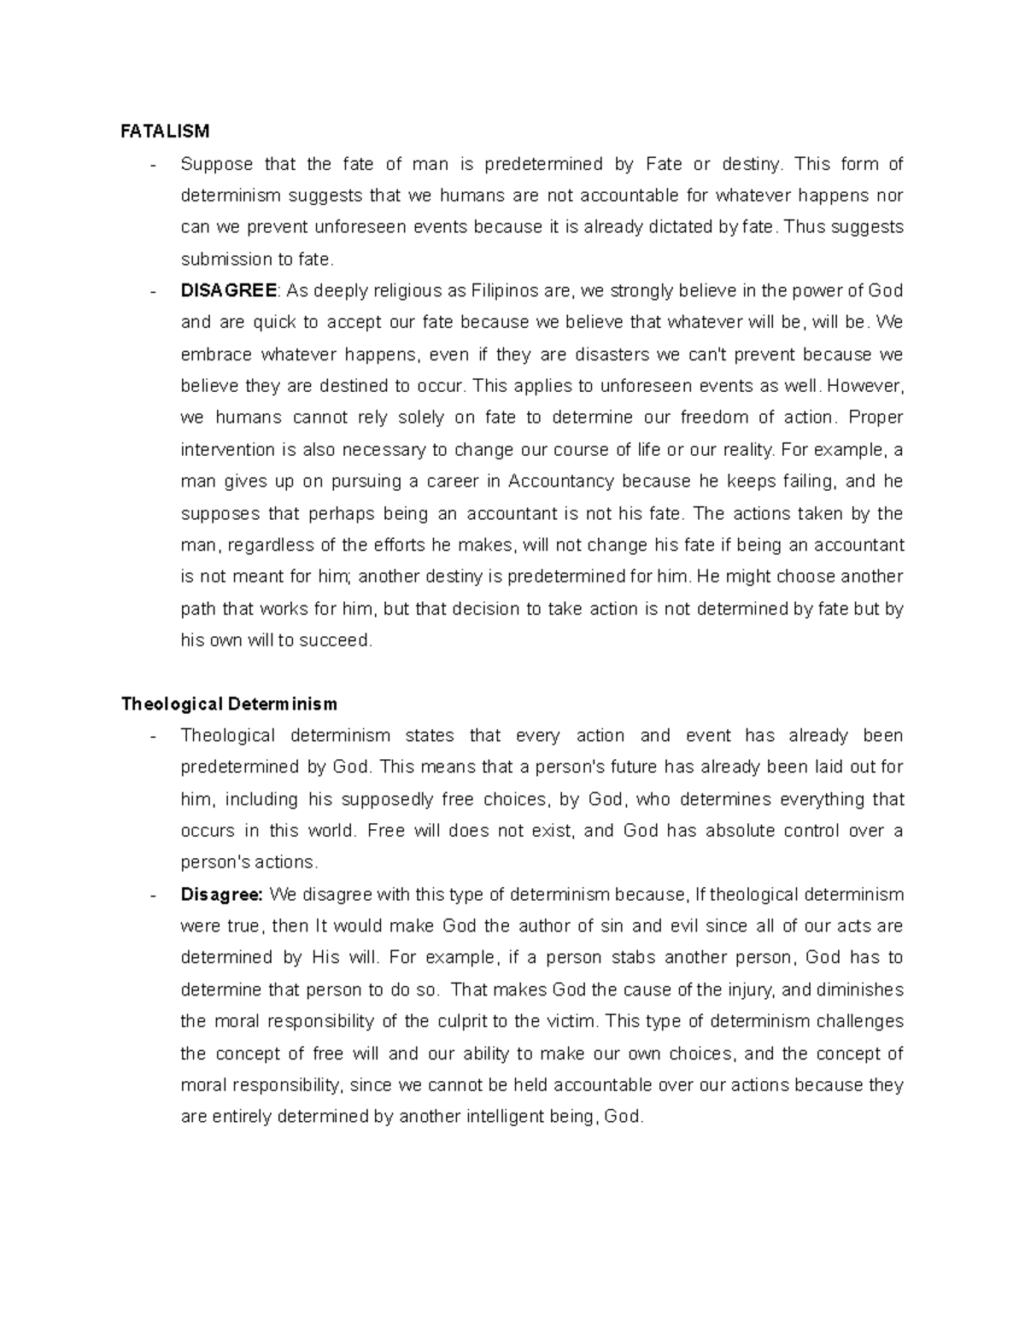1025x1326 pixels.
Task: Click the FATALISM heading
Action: pos(165,131)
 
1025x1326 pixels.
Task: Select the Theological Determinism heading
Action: pos(229,704)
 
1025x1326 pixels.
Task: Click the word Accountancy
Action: pos(560,482)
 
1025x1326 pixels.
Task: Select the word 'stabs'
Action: pos(633,958)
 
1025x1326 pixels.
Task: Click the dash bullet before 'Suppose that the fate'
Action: pos(153,165)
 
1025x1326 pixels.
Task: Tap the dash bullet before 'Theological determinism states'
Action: pos(153,736)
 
